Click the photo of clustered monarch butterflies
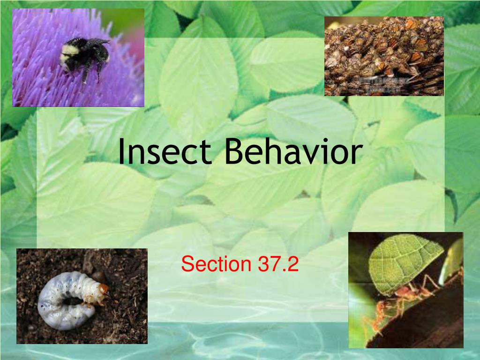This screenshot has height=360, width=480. pyautogui.click(x=384, y=56)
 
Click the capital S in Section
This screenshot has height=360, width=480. pyautogui.click(x=187, y=264)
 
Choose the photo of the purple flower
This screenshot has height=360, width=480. pyautogui.click(x=78, y=57)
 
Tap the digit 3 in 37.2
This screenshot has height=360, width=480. pyautogui.click(x=262, y=264)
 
